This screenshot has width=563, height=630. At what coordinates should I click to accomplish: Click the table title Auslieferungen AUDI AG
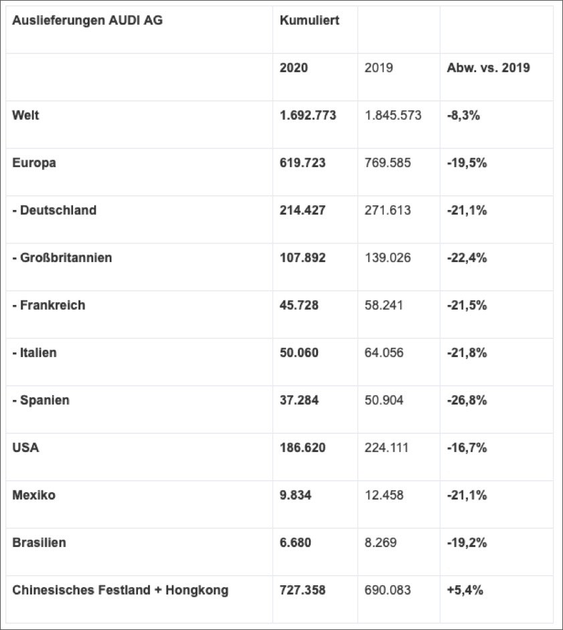click(x=88, y=20)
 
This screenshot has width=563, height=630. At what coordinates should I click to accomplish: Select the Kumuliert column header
click(x=309, y=20)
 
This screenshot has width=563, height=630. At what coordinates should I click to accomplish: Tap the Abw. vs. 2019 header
click(x=488, y=68)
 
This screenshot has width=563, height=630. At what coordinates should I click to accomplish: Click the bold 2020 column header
click(x=294, y=68)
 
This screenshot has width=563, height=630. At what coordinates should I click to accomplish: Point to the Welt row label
click(x=25, y=115)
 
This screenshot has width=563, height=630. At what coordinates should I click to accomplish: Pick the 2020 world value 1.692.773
click(x=308, y=115)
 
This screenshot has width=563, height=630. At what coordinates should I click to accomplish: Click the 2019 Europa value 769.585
click(x=388, y=163)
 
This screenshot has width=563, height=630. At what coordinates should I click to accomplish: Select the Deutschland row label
click(x=54, y=210)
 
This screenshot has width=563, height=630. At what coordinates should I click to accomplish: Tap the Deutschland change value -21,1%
click(x=467, y=210)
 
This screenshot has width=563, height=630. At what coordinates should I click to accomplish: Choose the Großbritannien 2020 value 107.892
click(x=303, y=257)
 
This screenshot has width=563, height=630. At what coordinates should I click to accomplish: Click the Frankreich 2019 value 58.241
click(x=384, y=305)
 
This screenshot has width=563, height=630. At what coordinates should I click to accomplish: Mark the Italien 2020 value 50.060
click(x=299, y=352)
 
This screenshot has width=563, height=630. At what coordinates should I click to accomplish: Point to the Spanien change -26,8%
click(x=467, y=400)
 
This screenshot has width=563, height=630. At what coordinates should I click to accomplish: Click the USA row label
click(x=25, y=447)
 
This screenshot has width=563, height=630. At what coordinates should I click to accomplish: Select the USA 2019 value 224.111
click(x=386, y=447)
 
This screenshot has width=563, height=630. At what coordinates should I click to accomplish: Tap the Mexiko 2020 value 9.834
click(x=295, y=495)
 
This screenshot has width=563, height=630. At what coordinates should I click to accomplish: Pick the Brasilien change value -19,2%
click(x=467, y=542)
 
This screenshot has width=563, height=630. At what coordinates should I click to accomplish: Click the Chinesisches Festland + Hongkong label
click(x=120, y=590)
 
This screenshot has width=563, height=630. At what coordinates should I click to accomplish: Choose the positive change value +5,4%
click(x=465, y=590)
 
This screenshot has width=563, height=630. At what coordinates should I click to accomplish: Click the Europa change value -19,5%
click(x=467, y=163)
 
